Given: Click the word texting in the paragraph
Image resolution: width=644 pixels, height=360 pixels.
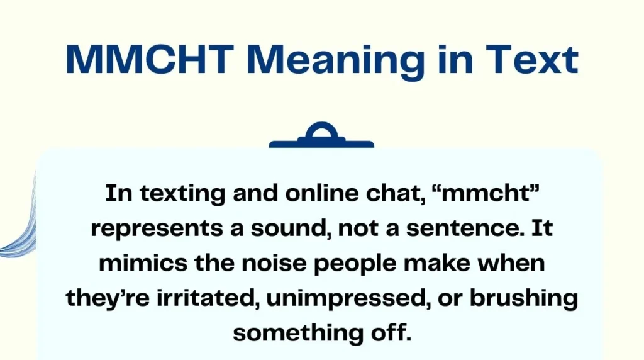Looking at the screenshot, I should (x=184, y=194).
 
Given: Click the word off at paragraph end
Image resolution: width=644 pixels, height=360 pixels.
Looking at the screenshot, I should (x=391, y=332).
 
